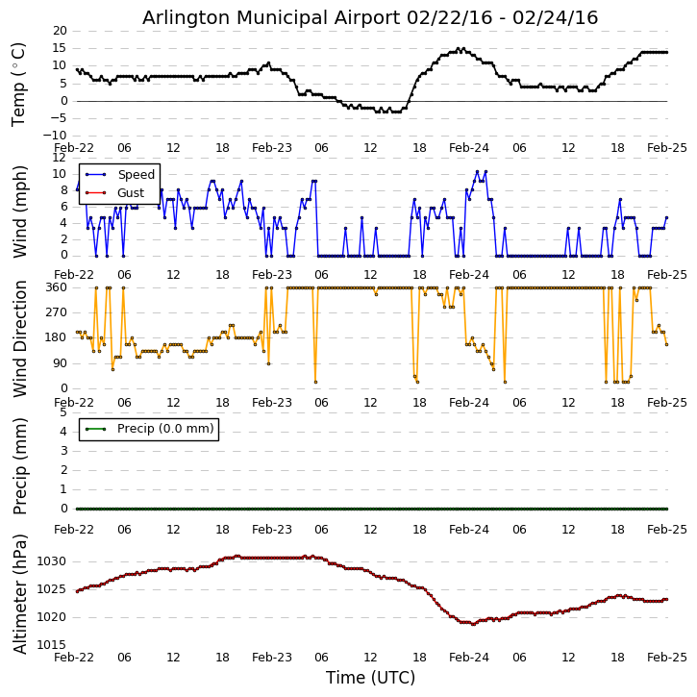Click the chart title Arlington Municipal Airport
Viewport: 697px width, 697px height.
370,17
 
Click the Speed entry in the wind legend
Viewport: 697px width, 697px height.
136,175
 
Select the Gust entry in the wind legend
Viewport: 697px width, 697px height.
131,193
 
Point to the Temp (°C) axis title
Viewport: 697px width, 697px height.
19,84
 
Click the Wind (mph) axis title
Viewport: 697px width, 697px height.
20,211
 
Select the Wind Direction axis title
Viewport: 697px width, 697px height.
20,338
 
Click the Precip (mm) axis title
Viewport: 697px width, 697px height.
20,465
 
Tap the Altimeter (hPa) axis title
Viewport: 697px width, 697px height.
20,593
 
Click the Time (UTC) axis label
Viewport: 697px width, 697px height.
370,678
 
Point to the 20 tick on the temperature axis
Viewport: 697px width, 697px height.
60,31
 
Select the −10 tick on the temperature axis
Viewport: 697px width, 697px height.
55,136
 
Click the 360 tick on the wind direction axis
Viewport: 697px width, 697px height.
55,286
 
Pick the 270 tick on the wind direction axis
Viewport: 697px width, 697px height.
55,312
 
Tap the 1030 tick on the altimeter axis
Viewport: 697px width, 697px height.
52,561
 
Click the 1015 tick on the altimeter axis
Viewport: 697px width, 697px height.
52,645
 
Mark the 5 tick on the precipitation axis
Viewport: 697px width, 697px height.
63,411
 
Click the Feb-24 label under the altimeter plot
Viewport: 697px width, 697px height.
469,658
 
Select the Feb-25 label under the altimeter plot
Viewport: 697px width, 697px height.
666,658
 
